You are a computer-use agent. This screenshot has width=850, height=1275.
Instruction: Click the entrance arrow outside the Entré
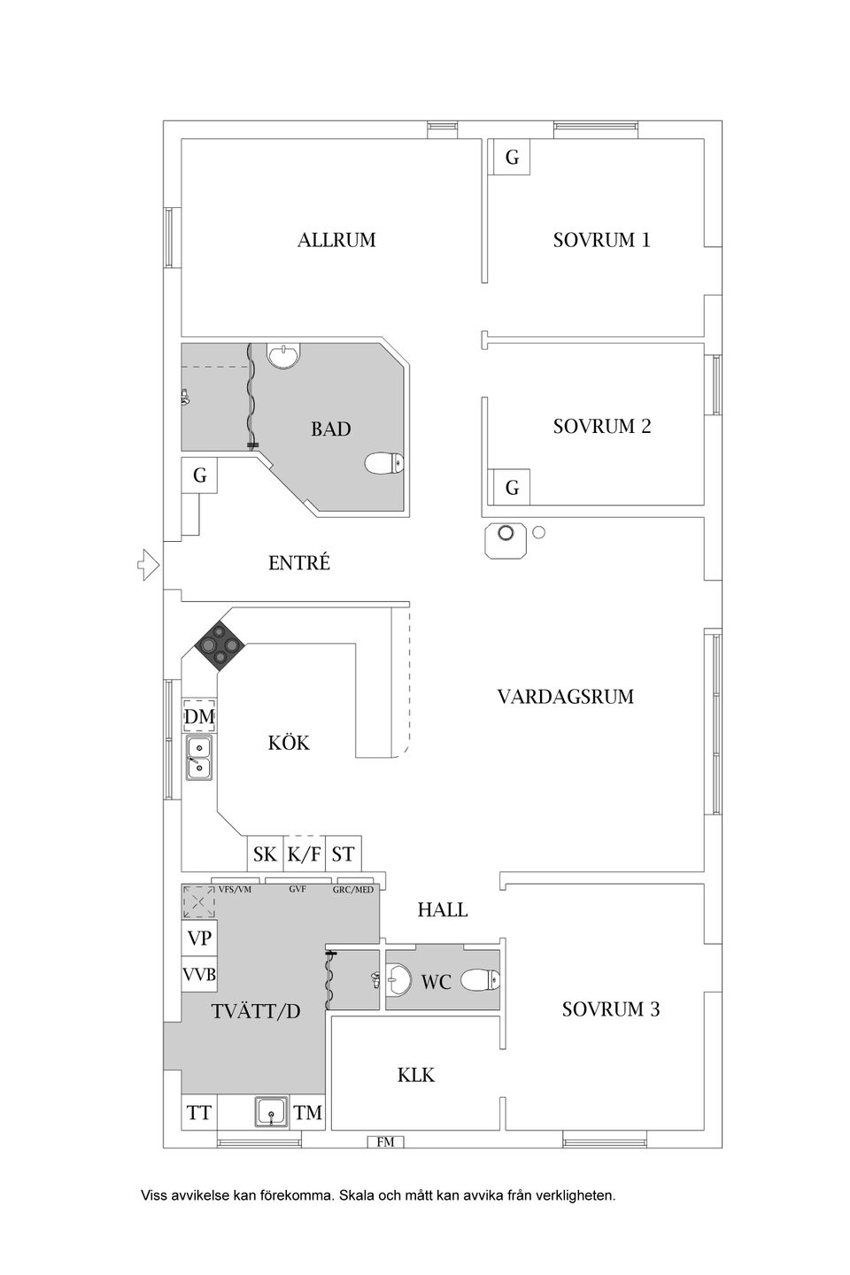coord(148,565)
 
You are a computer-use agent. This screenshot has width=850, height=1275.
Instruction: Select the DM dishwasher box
coord(199,716)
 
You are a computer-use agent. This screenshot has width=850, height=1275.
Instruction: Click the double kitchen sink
coord(199,757)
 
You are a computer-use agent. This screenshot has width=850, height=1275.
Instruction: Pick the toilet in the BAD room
coord(383,463)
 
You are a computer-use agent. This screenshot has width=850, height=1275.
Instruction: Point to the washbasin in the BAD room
coord(282,355)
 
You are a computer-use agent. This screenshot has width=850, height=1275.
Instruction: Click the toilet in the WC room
coord(480,980)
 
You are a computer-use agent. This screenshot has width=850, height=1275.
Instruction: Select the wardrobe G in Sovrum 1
coord(512,157)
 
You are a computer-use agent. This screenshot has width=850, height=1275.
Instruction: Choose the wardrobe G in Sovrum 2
coord(512,487)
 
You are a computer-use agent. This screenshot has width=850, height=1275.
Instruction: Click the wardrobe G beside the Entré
coord(199,475)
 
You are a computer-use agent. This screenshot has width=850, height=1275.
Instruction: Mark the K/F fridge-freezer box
coord(304,854)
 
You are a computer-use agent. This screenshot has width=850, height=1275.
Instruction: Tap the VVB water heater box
coord(199,975)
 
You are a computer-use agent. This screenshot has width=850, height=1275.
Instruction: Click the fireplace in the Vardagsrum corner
coord(506,540)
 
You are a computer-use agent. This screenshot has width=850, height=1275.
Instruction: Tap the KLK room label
coord(415,1075)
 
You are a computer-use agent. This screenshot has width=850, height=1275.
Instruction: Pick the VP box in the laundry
coord(199,938)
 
